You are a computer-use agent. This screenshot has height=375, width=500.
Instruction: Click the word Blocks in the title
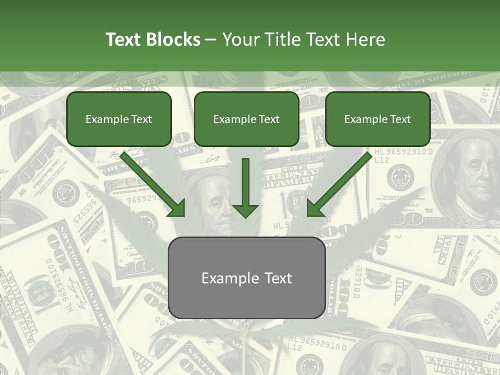(174, 40)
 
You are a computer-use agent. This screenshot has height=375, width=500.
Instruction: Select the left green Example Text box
(119, 119)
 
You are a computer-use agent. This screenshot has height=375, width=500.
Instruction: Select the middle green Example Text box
(246, 119)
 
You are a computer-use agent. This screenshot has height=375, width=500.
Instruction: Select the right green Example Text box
(378, 119)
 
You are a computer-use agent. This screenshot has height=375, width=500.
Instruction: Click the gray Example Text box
(246, 278)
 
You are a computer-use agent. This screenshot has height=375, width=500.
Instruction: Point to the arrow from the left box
(151, 183)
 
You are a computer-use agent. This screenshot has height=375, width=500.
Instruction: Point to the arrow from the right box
(341, 183)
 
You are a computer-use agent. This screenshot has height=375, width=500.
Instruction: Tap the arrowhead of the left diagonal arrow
(177, 208)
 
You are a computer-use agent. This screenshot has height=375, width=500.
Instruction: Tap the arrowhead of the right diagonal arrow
(316, 208)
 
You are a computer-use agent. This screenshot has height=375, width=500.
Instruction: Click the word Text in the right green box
(400, 119)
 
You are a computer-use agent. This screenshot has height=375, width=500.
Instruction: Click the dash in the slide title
(211, 40)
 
